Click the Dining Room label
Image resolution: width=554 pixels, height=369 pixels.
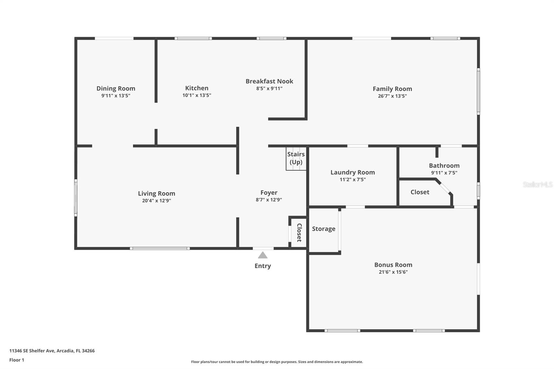pos(116,89)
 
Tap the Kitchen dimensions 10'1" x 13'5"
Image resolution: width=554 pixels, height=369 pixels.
pos(197,96)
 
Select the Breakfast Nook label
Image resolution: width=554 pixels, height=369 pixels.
pos(269,81)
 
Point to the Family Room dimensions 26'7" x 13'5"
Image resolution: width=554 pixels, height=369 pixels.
pos(392,96)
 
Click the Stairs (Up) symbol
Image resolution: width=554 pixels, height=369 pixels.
pos(296,159)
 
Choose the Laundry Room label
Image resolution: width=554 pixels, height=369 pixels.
pos(352,172)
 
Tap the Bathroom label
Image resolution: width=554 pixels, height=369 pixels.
pos(444,166)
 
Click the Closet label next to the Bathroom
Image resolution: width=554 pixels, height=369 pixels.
pos(420,192)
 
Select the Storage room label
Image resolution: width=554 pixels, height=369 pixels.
pos(323,229)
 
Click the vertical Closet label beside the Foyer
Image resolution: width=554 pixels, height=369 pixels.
pos(299,233)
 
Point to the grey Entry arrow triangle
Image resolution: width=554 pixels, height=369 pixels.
pos(263,255)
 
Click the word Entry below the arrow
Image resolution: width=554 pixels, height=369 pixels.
pos(263,266)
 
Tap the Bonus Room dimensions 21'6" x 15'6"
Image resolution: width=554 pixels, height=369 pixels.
pos(393,272)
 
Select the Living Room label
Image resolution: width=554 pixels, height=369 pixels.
pos(157,193)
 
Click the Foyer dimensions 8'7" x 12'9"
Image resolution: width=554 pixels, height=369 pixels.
pos(269,200)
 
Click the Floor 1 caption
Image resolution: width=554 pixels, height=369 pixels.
pos(17,360)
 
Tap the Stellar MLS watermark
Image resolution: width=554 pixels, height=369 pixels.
pos(537,184)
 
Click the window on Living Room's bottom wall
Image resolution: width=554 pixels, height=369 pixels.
pos(160,248)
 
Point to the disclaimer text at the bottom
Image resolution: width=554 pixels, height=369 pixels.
pos(277,362)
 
